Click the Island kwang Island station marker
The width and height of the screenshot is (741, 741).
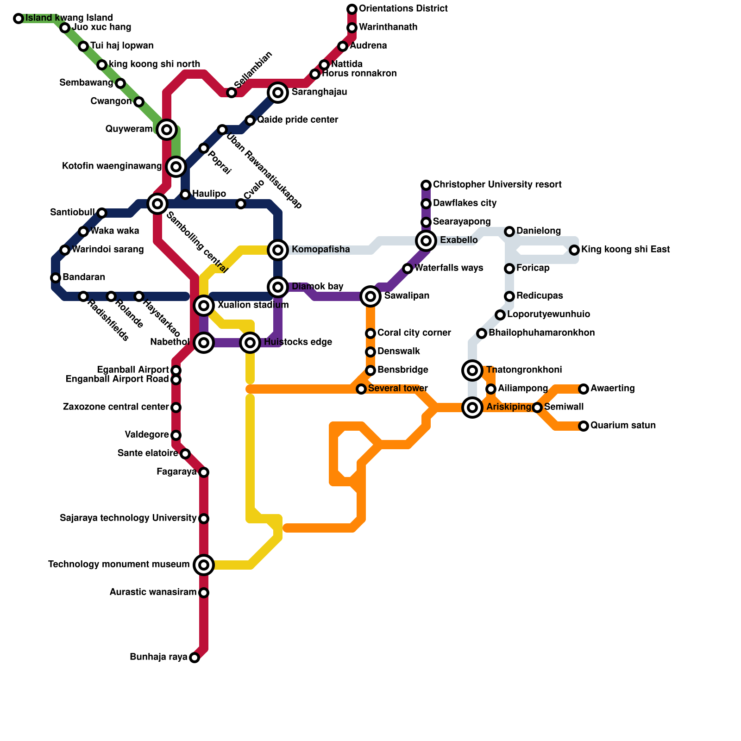(x=19, y=19)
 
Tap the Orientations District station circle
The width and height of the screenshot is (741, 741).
(x=352, y=9)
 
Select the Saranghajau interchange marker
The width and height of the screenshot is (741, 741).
(x=278, y=93)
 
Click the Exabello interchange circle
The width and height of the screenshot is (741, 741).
(x=426, y=240)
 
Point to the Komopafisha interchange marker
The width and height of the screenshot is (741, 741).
(x=278, y=250)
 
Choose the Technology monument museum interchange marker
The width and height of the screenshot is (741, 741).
(x=204, y=565)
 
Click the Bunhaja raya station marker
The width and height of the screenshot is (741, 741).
(x=195, y=658)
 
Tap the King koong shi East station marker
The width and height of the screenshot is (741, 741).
(x=574, y=250)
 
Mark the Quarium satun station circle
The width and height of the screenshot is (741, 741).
(x=584, y=426)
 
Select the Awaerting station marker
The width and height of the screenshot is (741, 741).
(x=584, y=389)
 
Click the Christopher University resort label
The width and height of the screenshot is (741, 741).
(x=497, y=185)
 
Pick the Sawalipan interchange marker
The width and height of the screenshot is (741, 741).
(x=370, y=296)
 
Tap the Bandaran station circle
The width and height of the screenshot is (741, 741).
(x=56, y=278)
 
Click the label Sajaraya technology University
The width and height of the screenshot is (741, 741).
(x=128, y=518)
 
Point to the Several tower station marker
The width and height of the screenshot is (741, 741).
(x=361, y=389)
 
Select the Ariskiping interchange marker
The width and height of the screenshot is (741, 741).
(x=472, y=408)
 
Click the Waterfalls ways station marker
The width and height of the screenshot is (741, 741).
(x=408, y=269)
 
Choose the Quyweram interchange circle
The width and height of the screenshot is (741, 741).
(x=167, y=129)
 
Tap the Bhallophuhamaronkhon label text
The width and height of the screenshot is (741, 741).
(x=541, y=333)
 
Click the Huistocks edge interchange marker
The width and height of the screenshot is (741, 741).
(x=250, y=343)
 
